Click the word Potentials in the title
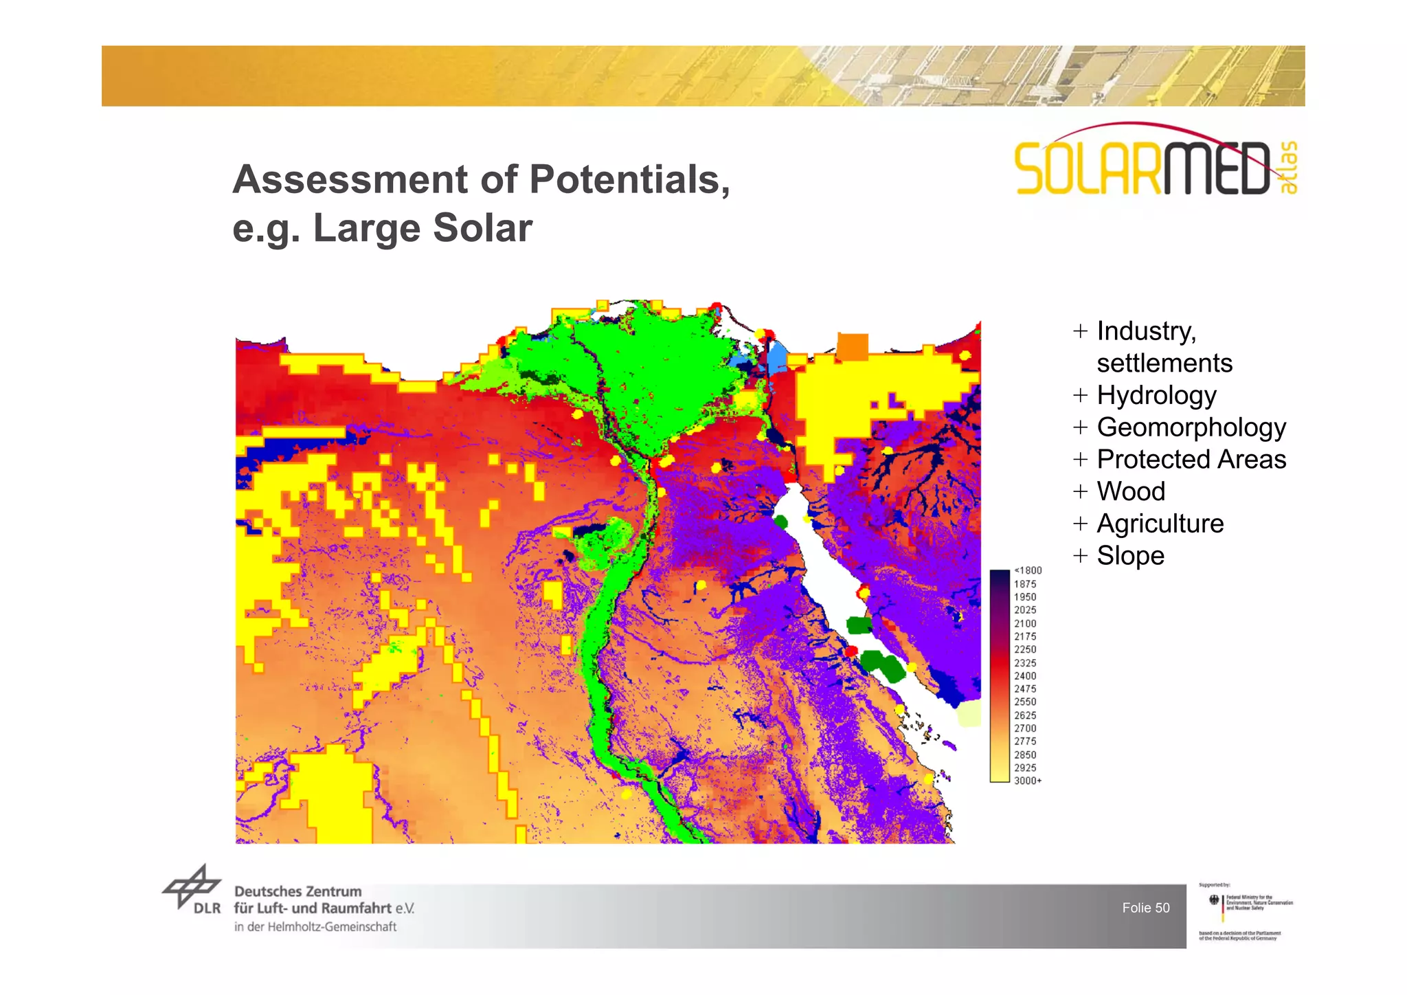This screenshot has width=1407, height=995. [x=629, y=180]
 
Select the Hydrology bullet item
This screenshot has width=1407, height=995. [x=1156, y=395]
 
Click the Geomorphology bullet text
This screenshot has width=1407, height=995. [x=1191, y=427]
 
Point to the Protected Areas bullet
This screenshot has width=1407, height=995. [x=1191, y=459]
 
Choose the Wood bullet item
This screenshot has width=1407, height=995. [x=1131, y=491]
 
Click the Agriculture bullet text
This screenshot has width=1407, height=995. [x=1160, y=524]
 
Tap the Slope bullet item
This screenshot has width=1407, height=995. [x=1130, y=555]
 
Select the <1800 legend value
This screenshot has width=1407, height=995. [x=1028, y=570]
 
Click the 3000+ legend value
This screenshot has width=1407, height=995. [x=1028, y=781]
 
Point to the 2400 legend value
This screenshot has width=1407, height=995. [x=1025, y=675]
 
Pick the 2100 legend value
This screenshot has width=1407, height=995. [x=1025, y=623]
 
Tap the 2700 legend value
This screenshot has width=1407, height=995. [x=1025, y=728]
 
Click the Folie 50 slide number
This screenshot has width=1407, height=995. [x=1145, y=908]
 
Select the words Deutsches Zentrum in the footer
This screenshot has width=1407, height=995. [x=297, y=891]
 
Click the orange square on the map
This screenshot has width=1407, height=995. [x=853, y=346]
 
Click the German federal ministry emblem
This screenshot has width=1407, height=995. [x=1214, y=899]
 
